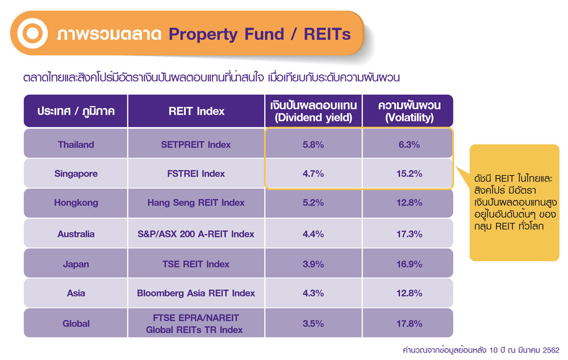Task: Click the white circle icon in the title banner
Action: coord(32,34)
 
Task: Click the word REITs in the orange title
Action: coord(327,35)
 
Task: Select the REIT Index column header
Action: coord(197,111)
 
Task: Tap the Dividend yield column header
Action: coord(314,111)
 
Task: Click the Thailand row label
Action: coord(76,144)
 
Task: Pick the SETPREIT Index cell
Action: coord(196,144)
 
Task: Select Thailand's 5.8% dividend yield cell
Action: coord(314,144)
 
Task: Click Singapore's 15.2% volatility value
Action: coord(410,174)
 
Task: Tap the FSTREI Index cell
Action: coord(196,174)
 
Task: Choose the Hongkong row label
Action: coord(76,203)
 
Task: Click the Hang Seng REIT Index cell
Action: coord(196,203)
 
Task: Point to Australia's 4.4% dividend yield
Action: coord(314,234)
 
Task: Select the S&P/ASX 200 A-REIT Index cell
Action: coord(196,234)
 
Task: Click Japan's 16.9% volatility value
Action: coord(410,264)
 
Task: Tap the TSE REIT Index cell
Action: coord(196,264)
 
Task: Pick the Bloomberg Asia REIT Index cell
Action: coord(196,293)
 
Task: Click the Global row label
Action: coord(76,324)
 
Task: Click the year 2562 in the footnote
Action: coord(551,350)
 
